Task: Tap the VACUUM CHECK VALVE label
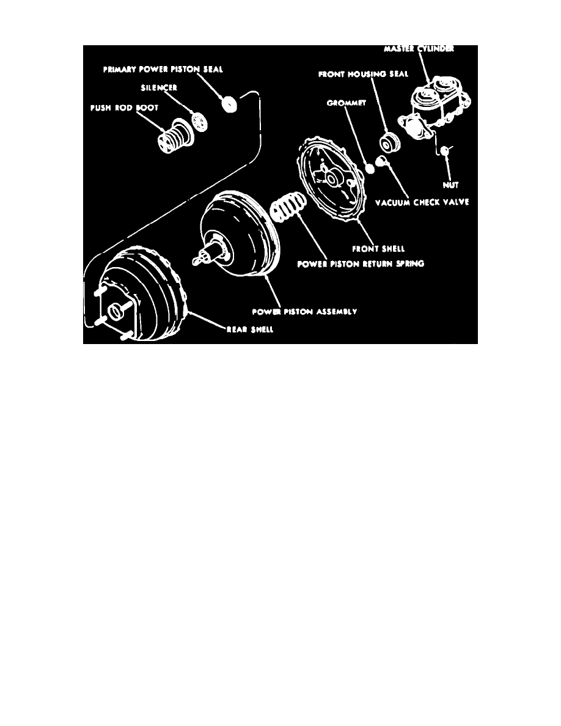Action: (427, 202)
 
